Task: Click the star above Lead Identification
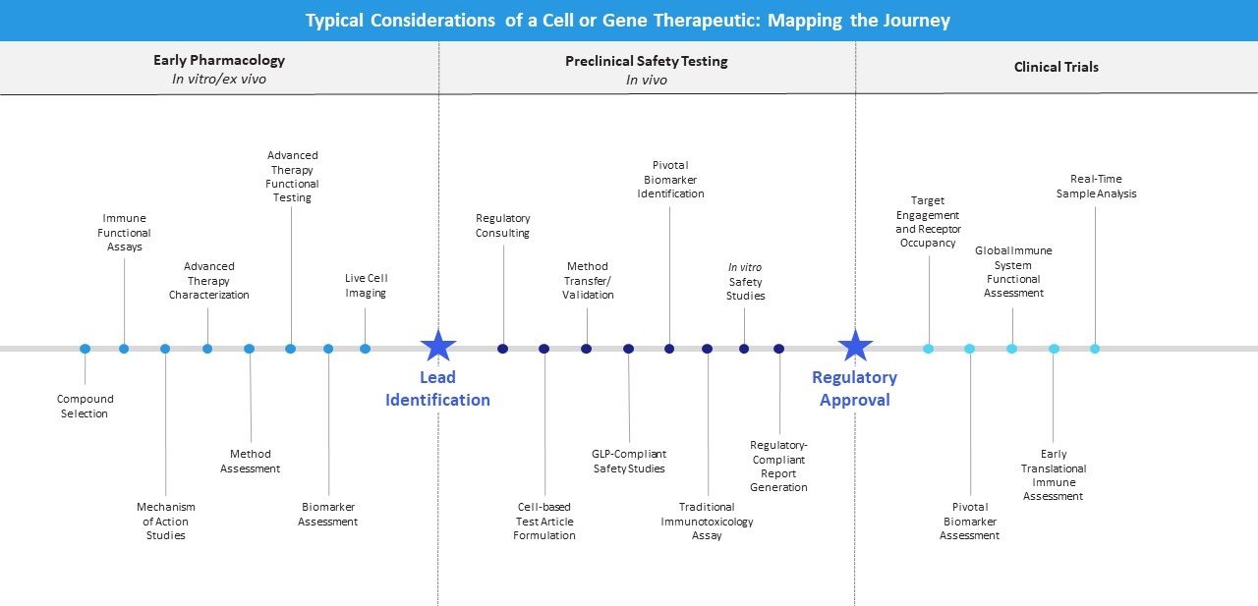(438, 346)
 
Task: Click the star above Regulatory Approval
(855, 346)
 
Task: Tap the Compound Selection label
(85, 407)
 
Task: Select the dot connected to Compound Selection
(85, 349)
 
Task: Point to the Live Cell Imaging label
(366, 286)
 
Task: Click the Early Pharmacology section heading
(219, 61)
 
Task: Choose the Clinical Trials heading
(1057, 67)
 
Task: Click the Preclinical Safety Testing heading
(647, 61)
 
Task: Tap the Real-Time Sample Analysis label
(1096, 187)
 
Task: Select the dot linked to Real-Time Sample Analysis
(1095, 349)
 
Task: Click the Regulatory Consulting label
(502, 226)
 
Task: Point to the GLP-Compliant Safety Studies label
(629, 461)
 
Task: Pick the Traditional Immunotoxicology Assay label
(707, 522)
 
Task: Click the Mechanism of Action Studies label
(165, 522)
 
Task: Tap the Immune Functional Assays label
(124, 233)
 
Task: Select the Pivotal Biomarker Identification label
(670, 180)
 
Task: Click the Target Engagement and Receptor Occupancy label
(928, 222)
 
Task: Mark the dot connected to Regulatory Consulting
(503, 349)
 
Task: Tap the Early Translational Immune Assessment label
(1054, 475)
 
